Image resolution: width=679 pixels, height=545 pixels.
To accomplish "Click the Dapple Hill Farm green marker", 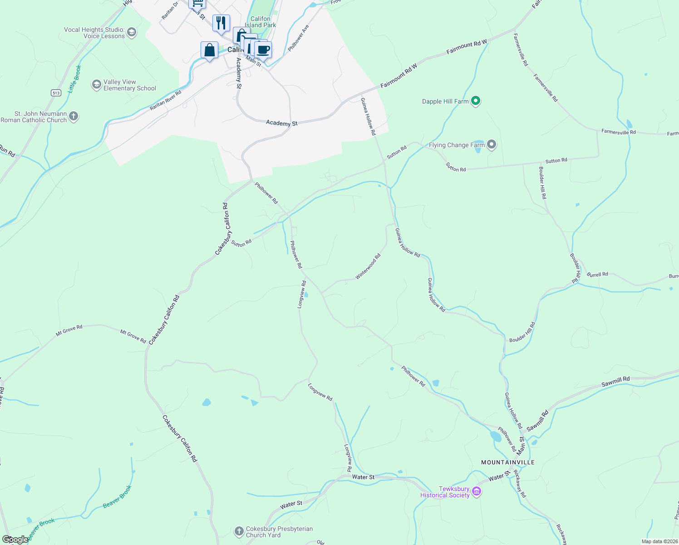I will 475,101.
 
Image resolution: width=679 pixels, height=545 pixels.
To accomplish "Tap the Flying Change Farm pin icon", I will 491,145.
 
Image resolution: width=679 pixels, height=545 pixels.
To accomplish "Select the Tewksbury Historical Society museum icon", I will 476,491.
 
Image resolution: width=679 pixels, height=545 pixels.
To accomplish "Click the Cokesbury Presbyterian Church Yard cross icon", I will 239,531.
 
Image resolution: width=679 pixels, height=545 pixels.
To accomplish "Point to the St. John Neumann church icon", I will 74,117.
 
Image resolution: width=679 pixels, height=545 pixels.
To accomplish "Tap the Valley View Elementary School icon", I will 96,84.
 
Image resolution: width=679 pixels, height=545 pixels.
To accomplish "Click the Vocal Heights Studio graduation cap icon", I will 132,32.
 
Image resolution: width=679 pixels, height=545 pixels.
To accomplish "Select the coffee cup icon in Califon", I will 263,50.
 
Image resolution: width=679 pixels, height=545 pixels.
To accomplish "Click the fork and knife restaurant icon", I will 221,23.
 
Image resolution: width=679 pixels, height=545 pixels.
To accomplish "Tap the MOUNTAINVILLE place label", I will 508,462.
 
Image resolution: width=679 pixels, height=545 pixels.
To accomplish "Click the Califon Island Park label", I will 260,22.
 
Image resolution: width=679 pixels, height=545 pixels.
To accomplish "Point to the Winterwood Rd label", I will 368,267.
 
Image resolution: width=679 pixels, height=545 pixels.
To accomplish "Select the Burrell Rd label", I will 597,274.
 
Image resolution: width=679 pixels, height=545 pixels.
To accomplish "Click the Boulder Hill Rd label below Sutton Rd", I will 542,183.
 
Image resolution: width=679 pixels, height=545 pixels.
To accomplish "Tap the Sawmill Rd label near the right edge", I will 615,381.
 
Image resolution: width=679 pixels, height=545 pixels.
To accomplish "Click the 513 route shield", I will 56,93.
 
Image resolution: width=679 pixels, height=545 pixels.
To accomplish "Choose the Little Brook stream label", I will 74,79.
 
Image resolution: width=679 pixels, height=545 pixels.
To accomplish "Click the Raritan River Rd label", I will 166,100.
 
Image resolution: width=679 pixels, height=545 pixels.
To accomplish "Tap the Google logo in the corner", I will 15,540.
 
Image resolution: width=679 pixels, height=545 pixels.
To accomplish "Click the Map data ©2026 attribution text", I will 659,541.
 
